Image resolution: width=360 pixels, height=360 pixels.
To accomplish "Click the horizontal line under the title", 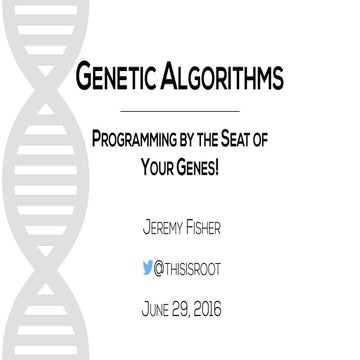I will point(179,107).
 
